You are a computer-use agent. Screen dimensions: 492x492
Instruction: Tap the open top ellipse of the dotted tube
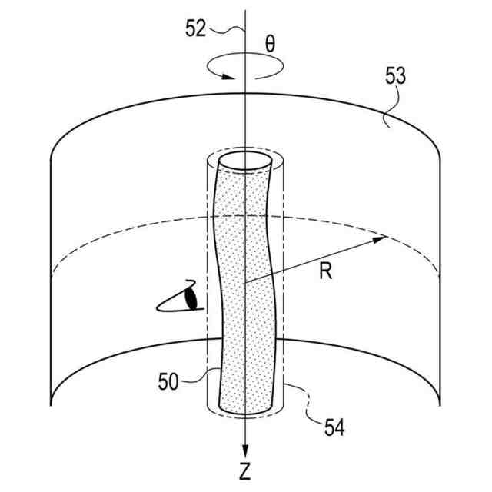[245, 162]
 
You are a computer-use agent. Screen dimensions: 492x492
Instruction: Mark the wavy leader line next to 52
[227, 30]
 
